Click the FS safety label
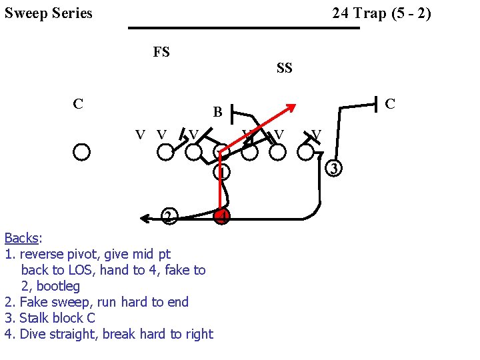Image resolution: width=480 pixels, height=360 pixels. [x=161, y=52]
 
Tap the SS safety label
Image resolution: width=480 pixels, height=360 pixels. [x=285, y=68]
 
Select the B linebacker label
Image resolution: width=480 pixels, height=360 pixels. [x=217, y=112]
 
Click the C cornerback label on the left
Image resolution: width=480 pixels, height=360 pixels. [x=78, y=104]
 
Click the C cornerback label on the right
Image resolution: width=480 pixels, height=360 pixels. [x=390, y=104]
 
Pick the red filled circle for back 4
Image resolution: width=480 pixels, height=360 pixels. [x=222, y=217]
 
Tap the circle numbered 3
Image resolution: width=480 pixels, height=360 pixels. [x=335, y=168]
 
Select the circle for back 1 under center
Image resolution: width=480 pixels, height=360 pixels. [x=222, y=172]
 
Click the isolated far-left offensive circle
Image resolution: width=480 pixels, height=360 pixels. [x=81, y=153]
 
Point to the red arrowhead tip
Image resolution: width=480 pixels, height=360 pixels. [x=293, y=105]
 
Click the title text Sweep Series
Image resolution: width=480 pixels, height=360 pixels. [x=49, y=13]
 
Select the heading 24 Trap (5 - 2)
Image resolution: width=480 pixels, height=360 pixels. [x=381, y=13]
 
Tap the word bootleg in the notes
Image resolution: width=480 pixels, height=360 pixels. [x=58, y=286]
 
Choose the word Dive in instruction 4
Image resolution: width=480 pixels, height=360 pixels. [x=33, y=334]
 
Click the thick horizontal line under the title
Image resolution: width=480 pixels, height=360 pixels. [x=243, y=28]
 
